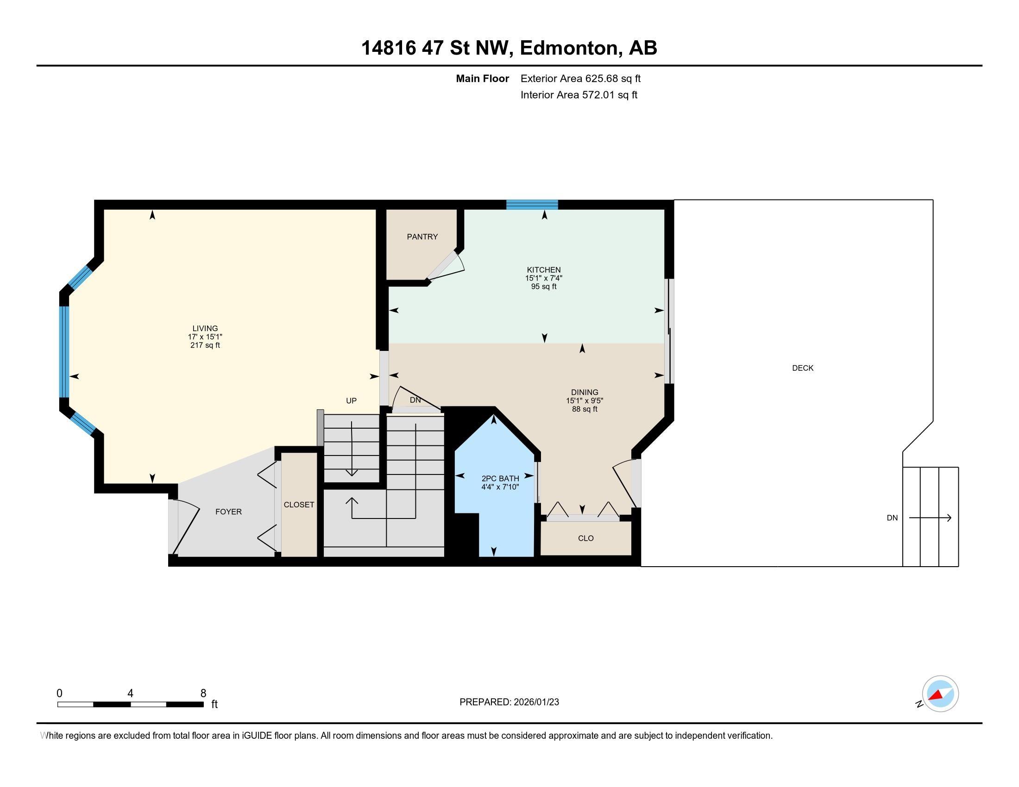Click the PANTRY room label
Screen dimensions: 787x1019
422,237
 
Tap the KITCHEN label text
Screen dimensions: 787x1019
544,269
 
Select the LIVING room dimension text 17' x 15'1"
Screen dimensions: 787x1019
205,337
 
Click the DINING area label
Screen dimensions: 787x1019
584,392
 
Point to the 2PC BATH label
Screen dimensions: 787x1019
500,478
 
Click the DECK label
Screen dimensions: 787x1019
803,368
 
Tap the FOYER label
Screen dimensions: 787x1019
228,512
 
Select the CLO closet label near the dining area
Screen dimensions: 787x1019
585,538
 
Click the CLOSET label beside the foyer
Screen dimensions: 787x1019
299,505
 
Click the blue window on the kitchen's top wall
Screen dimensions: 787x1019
532,205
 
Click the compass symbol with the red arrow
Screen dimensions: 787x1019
940,693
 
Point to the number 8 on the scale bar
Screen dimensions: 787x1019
203,693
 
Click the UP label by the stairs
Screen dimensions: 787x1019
351,400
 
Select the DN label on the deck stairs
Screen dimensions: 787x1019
892,518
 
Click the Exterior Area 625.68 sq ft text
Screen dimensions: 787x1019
580,78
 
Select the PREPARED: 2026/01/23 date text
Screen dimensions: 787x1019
509,702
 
